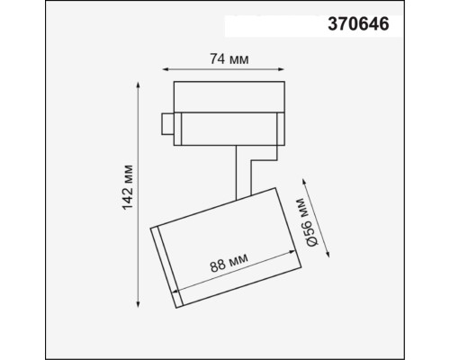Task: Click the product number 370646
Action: click(x=357, y=25)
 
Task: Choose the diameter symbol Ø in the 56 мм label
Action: click(x=310, y=241)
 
